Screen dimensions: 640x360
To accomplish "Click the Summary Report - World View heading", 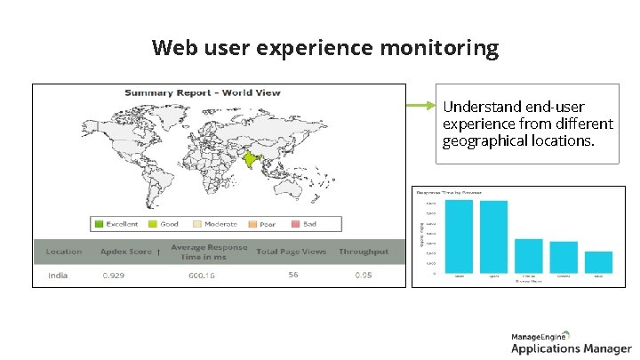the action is pyautogui.click(x=202, y=92).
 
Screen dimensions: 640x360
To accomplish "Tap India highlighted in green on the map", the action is pyautogui.click(x=252, y=161).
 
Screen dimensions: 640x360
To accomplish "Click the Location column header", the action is pyautogui.click(x=64, y=252).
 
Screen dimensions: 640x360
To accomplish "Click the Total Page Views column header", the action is pyautogui.click(x=291, y=252).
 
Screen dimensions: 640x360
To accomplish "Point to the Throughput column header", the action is pyautogui.click(x=363, y=252).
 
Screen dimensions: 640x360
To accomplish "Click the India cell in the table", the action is pyautogui.click(x=58, y=276).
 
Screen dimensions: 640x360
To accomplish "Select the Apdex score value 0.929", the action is pyautogui.click(x=113, y=276).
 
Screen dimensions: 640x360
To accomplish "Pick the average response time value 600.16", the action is pyautogui.click(x=201, y=276).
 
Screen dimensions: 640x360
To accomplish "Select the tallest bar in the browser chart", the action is pyautogui.click(x=459, y=236).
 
